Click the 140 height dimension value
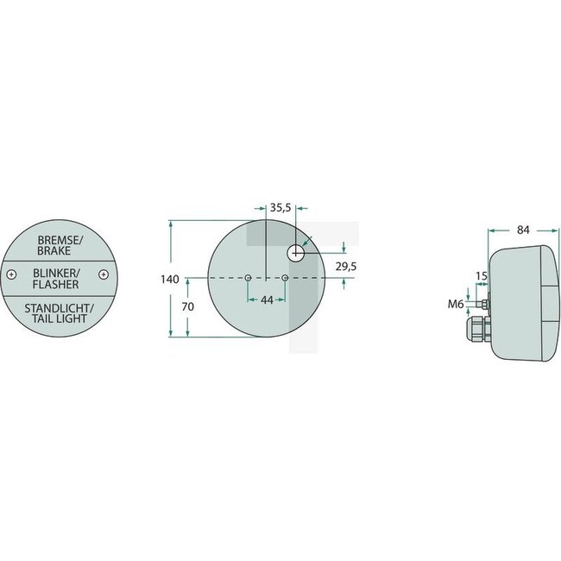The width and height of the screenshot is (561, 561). point(169,279)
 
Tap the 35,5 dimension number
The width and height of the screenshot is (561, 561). point(280,208)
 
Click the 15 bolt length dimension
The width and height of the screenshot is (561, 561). point(481,276)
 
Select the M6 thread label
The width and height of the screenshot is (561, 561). point(457,304)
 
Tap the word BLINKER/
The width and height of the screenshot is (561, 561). point(57,272)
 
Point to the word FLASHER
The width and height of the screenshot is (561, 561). point(57,284)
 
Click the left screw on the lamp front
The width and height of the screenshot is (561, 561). point(11,275)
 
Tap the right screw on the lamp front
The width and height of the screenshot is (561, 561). point(103,275)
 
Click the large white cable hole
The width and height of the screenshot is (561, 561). point(296,252)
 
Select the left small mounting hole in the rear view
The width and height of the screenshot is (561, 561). point(248,278)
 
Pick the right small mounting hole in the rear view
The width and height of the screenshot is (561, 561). point(285,278)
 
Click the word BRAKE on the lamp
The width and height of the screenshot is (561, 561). point(57,250)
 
